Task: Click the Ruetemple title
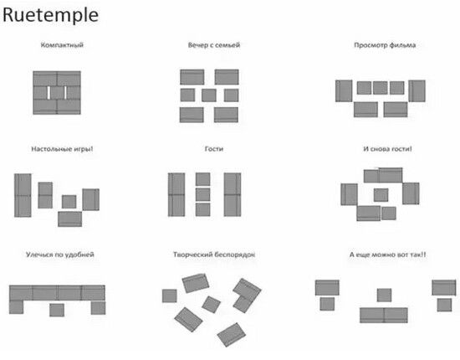(x=50, y=15)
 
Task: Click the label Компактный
(x=62, y=45)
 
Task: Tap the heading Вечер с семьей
(x=214, y=45)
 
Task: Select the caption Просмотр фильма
(x=385, y=45)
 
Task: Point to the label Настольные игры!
(x=62, y=149)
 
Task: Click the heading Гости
(x=214, y=149)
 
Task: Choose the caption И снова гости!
(x=387, y=149)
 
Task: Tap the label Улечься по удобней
(x=60, y=255)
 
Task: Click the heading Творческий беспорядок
(x=214, y=255)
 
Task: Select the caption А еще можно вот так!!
(x=387, y=255)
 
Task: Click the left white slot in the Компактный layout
(x=49, y=92)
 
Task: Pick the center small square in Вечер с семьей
(x=209, y=95)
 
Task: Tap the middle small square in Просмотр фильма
(x=381, y=88)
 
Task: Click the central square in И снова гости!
(x=381, y=195)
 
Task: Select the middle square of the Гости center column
(x=202, y=194)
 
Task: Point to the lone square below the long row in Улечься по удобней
(x=57, y=310)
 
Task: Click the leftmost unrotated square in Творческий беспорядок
(x=170, y=296)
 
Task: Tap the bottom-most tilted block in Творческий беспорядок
(x=232, y=335)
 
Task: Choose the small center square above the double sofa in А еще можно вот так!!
(x=385, y=295)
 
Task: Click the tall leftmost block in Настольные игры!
(x=23, y=195)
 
